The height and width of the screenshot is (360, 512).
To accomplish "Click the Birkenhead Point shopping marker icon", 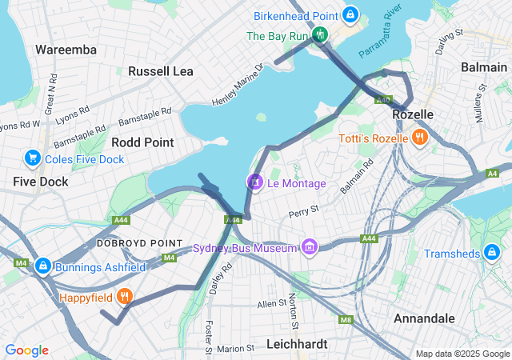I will (350, 14).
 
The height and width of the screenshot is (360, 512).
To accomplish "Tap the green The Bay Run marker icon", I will (320, 34).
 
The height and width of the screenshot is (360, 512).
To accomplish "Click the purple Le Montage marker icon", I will (254, 183).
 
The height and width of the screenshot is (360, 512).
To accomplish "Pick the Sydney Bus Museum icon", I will (308, 247).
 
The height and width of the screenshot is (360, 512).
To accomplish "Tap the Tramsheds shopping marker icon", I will (494, 254).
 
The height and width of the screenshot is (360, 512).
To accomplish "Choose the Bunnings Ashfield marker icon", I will (43, 266).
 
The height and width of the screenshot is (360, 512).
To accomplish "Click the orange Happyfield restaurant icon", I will (124, 298).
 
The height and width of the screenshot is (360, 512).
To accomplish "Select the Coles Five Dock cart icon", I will (33, 158).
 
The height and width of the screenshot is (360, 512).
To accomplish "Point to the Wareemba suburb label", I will (66, 50).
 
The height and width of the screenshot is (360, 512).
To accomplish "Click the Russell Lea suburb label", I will (161, 71).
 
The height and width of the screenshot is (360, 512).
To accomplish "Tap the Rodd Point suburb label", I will (142, 142).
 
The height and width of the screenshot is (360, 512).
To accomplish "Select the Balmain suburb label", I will (483, 68).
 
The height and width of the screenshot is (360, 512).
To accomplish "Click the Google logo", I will (26, 350).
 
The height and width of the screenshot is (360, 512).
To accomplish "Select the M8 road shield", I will (346, 321).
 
